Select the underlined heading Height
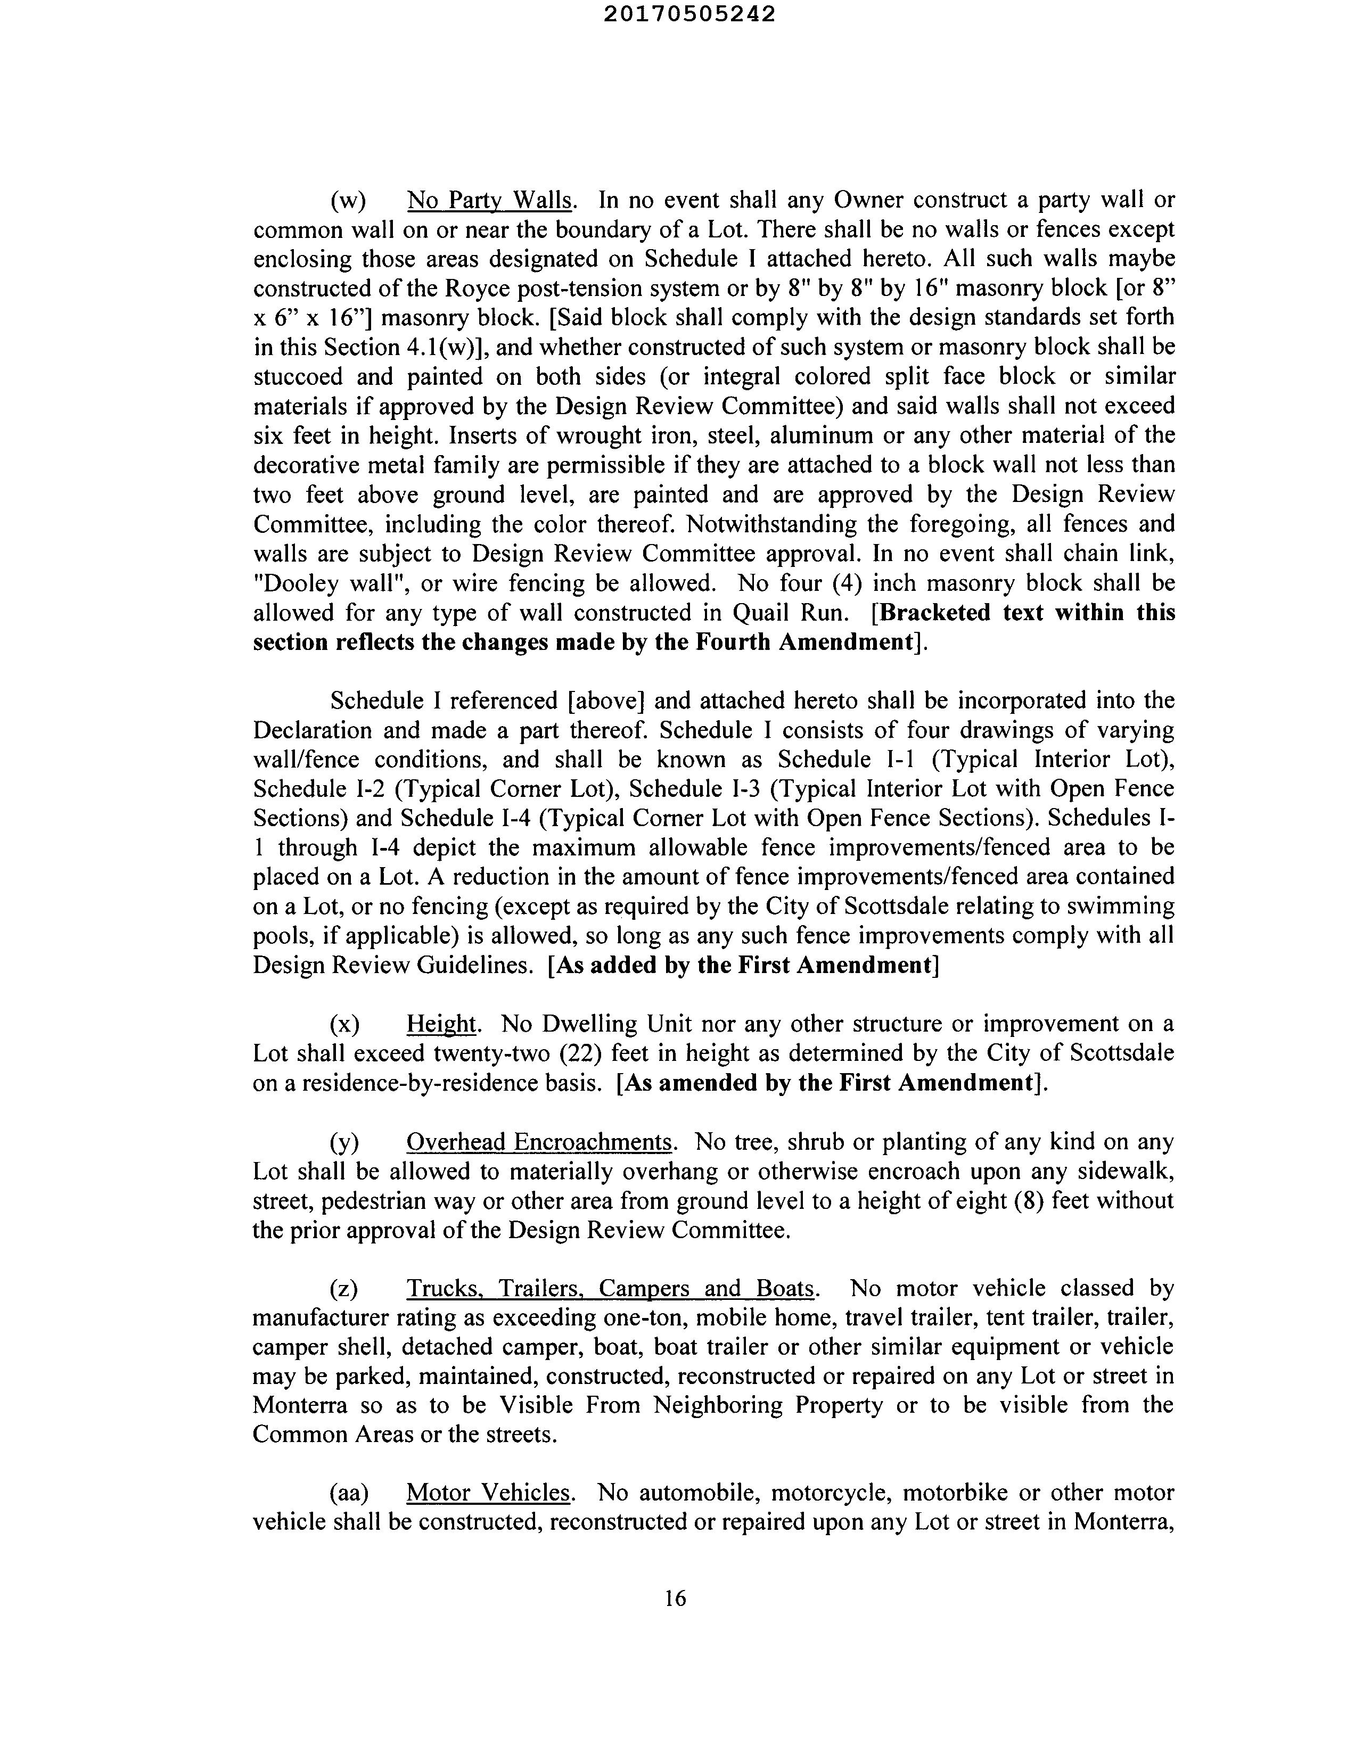pos(442,1024)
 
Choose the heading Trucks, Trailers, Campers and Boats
pos(611,1288)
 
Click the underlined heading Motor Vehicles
pos(489,1493)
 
